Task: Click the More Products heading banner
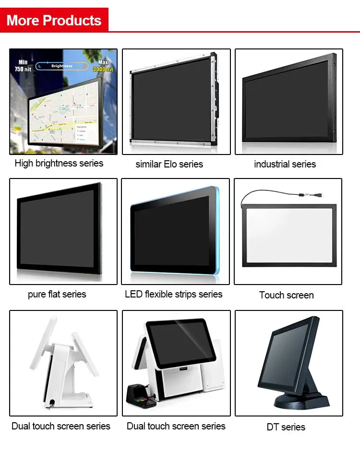[x=54, y=20]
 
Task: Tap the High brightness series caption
[x=59, y=163]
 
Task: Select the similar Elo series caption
[x=169, y=164]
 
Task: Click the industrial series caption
[x=285, y=164]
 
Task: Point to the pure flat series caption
[x=57, y=294]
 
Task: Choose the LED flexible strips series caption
[x=174, y=294]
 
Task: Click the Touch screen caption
[x=286, y=295]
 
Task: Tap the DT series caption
[x=286, y=427]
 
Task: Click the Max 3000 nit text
[x=103, y=66]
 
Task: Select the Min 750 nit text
[x=23, y=66]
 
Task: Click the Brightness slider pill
[x=62, y=66]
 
